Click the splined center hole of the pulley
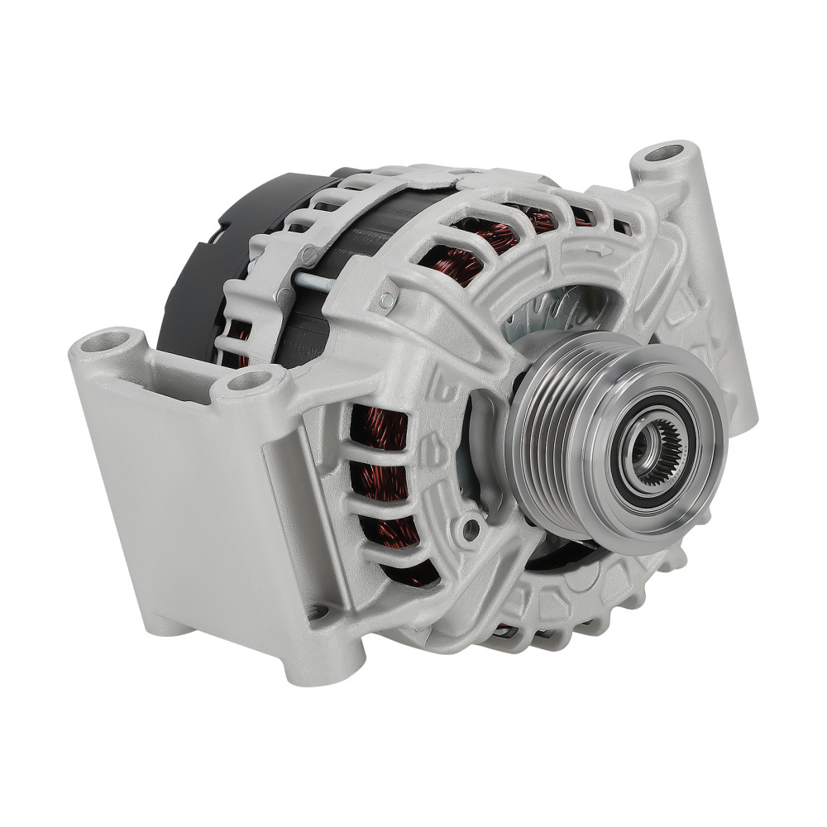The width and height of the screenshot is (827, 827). coord(659,449)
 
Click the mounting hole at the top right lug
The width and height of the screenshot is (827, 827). coord(664,153)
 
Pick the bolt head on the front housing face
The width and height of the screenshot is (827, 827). coord(387,299)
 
